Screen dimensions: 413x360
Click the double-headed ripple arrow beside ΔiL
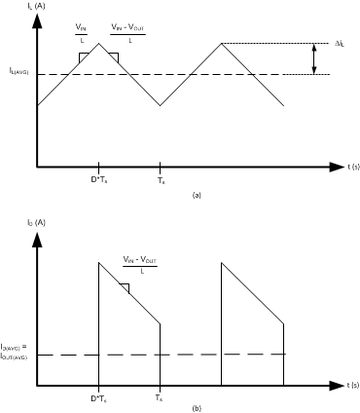[x=313, y=58]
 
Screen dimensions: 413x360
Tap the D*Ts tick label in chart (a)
[x=98, y=180]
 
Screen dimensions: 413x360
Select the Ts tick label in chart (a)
[x=162, y=180]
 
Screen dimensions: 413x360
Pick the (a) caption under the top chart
[x=198, y=195]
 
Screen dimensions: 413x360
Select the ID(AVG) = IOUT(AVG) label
[x=19, y=351]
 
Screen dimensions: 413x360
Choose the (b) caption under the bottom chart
[x=198, y=409]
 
